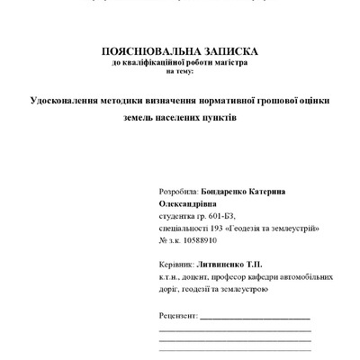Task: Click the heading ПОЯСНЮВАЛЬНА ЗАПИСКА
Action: pos(179,53)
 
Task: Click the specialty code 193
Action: pos(212,229)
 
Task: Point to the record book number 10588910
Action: pos(199,241)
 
